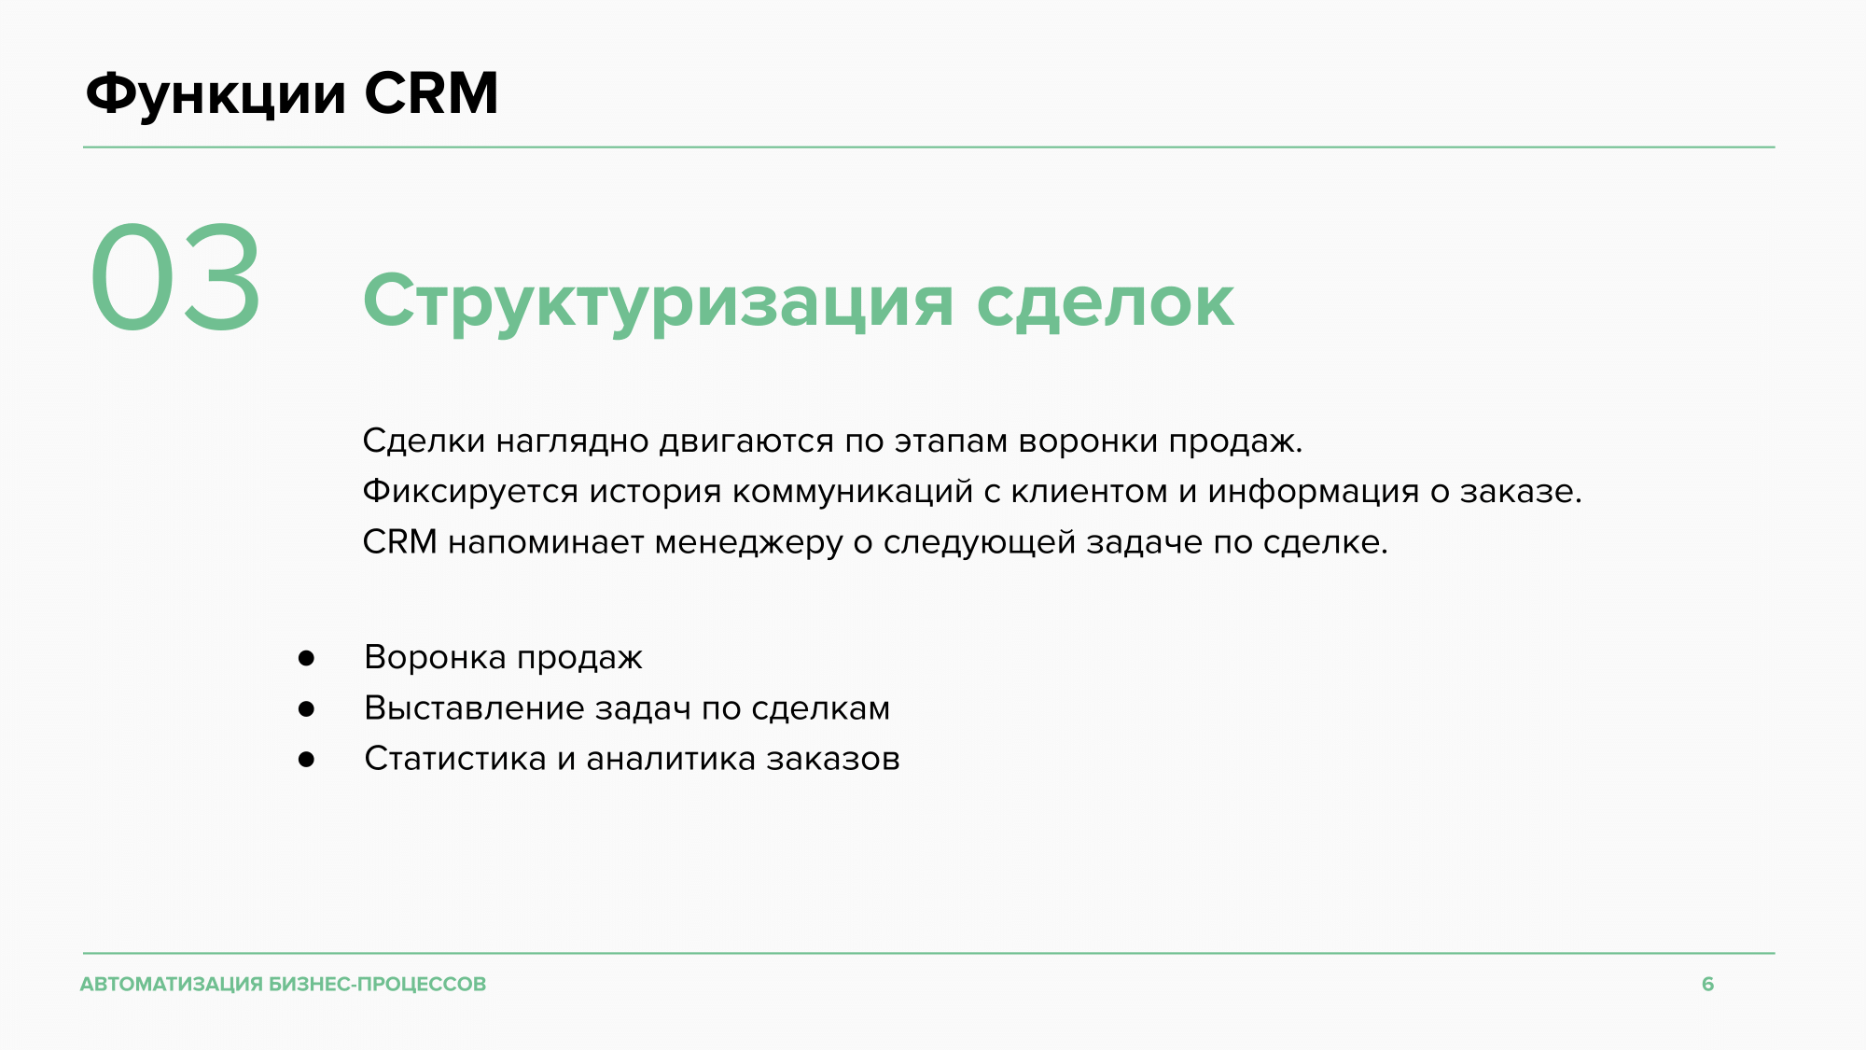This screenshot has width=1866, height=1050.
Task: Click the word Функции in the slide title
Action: [216, 94]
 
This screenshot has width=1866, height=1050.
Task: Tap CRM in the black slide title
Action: [431, 93]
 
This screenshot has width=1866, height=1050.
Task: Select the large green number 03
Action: [175, 277]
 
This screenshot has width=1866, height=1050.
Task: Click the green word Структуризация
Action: [658, 302]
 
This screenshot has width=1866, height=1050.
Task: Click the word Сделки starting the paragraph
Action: [424, 441]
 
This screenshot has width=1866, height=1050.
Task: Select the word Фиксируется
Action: [470, 491]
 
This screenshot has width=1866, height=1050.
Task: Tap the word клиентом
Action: [1089, 492]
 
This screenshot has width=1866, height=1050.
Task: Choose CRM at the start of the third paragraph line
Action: [399, 541]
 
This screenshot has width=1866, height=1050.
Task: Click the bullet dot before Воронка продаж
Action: [306, 659]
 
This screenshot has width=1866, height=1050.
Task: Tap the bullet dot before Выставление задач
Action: [306, 709]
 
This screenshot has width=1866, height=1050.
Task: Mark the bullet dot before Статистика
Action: [306, 760]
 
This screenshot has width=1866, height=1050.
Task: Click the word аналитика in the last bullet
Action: [671, 759]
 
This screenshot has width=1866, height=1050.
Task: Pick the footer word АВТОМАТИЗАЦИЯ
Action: [172, 984]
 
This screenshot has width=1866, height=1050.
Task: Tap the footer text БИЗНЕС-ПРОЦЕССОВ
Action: [378, 984]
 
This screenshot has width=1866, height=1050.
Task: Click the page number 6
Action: [1707, 984]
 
